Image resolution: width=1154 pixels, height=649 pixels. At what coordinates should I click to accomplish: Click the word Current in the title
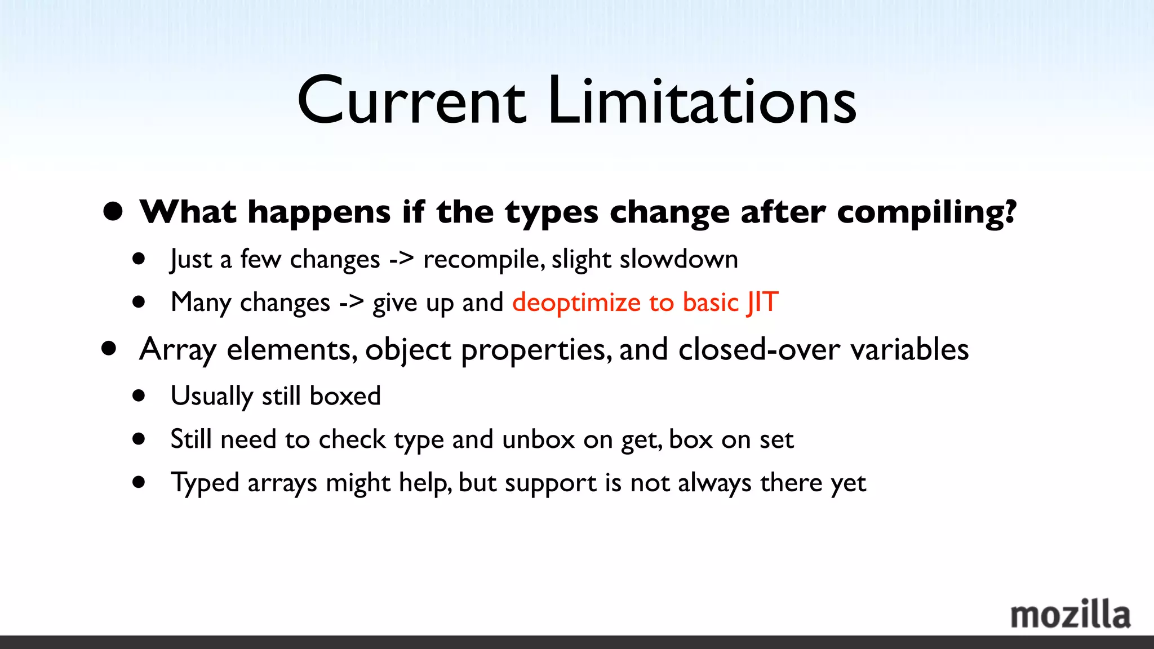point(411,101)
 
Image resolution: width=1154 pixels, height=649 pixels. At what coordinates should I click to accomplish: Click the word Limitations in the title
point(702,101)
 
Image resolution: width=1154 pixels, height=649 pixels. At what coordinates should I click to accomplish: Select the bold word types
point(551,213)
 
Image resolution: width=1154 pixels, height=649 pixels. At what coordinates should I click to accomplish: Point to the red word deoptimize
point(576,303)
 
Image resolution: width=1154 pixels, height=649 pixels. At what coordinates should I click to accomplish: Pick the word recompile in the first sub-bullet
point(483,260)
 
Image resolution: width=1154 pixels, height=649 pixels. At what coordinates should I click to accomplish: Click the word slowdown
point(678,260)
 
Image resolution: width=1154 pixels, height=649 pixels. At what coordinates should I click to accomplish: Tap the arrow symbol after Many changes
point(351,303)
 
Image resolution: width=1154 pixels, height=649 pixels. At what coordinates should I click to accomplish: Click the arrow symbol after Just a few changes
point(401,260)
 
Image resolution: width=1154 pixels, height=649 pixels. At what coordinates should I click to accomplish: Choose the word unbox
point(538,439)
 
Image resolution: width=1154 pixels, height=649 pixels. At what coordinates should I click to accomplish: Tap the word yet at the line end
point(848,483)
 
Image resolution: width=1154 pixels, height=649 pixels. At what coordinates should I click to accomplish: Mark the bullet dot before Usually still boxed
point(139,395)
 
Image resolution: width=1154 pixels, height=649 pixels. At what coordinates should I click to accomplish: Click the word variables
point(909,350)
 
